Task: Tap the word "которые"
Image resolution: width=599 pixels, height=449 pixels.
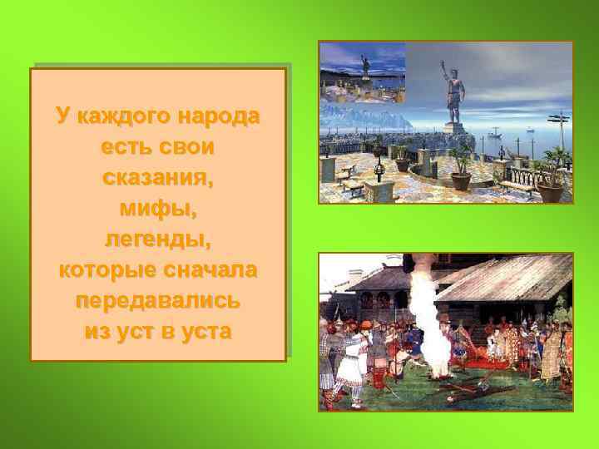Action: pos(105,270)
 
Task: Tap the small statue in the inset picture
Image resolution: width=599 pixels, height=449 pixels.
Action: pos(364,67)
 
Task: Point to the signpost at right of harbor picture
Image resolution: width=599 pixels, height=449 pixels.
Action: pos(563,133)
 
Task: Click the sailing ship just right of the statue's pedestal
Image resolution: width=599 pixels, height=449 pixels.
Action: pos(494,132)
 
